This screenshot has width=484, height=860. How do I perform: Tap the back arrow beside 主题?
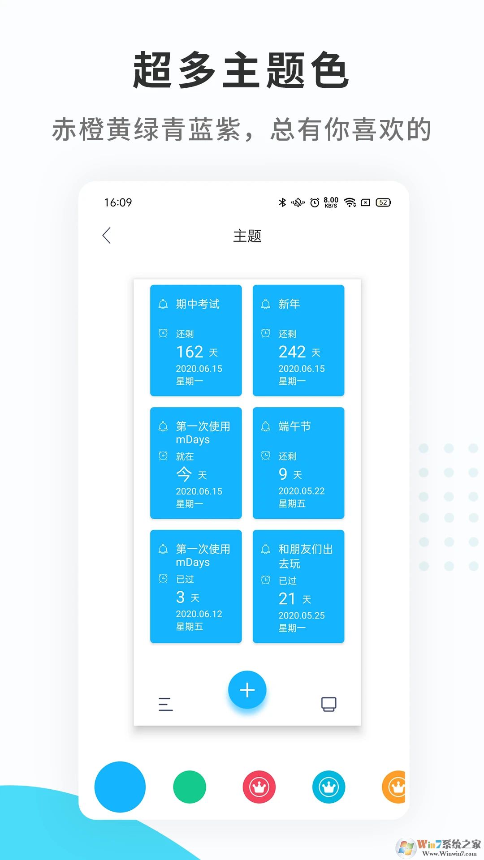[x=106, y=236]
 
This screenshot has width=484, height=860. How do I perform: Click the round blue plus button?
[x=247, y=690]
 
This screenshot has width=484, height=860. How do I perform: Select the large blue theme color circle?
[x=120, y=787]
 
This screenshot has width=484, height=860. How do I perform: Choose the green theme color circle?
[x=190, y=787]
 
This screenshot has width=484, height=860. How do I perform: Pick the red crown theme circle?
[x=259, y=787]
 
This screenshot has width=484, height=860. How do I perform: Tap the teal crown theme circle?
[x=329, y=787]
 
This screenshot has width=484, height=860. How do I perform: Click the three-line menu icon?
[x=165, y=704]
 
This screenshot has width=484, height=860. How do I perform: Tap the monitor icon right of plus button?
[x=329, y=704]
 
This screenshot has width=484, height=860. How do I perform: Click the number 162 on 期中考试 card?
[x=190, y=352]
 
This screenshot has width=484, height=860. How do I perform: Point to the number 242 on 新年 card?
[x=292, y=352]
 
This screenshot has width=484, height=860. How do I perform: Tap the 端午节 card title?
[x=294, y=426]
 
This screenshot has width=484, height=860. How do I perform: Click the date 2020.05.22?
[x=302, y=491]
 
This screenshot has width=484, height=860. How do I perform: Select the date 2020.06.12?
[x=199, y=614]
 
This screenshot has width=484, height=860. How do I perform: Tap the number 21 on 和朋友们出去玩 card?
[x=287, y=599]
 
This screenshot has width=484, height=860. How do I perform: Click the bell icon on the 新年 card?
[x=266, y=304]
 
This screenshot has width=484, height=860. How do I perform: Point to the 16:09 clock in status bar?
[x=118, y=202]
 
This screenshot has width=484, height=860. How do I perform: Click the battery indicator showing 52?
[x=383, y=202]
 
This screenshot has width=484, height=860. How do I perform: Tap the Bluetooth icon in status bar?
[x=282, y=202]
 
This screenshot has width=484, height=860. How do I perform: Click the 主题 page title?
[x=247, y=236]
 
